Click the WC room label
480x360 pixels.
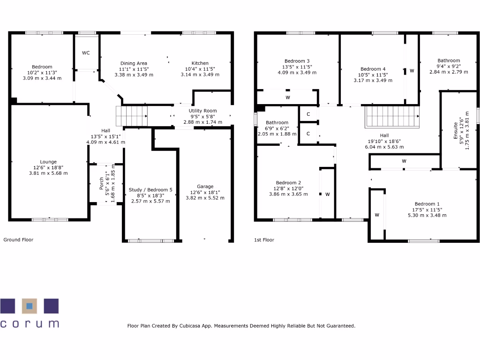click(86, 53)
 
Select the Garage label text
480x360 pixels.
click(205, 186)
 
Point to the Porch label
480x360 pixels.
click(102, 183)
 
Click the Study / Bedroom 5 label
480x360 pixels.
click(150, 190)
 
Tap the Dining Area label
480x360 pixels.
click(134, 63)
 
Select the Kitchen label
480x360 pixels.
click(200, 63)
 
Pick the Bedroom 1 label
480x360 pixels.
click(427, 204)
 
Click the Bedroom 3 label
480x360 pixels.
click(297, 61)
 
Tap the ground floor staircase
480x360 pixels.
click(132, 116)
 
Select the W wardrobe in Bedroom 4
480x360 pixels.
click(412, 71)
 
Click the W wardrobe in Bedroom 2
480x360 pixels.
click(327, 194)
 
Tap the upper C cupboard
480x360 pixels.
click(308, 114)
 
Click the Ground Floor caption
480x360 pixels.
click(18, 240)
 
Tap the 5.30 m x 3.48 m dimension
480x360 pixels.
click(427, 215)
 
